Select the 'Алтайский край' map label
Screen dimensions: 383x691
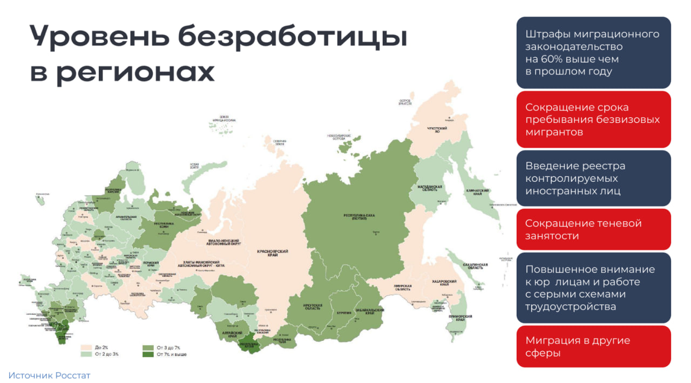pyautogui.click(x=229, y=334)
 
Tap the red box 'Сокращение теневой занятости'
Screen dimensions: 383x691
pyautogui.click(x=593, y=229)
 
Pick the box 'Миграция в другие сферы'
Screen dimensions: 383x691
pyautogui.click(x=593, y=346)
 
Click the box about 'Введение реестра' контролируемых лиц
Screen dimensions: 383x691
pyautogui.click(x=593, y=178)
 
